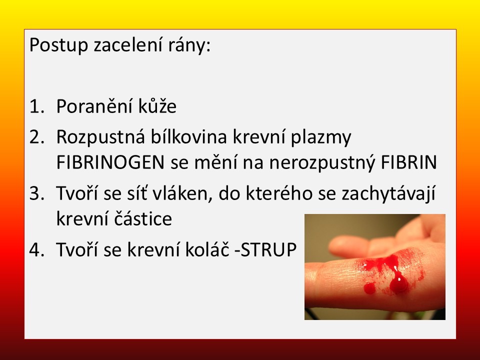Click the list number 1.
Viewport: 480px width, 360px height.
pyautogui.click(x=36, y=106)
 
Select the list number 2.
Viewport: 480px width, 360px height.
pyautogui.click(x=36, y=137)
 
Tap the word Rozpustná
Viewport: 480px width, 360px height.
pyautogui.click(x=100, y=136)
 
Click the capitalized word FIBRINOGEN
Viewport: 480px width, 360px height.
pyautogui.click(x=110, y=162)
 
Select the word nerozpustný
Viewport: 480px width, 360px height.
pyautogui.click(x=322, y=163)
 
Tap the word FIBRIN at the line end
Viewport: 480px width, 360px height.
pyautogui.click(x=408, y=162)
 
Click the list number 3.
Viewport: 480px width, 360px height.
pyautogui.click(x=36, y=194)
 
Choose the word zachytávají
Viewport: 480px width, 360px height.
pyautogui.click(x=388, y=194)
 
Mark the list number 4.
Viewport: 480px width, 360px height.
pyautogui.click(x=36, y=249)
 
